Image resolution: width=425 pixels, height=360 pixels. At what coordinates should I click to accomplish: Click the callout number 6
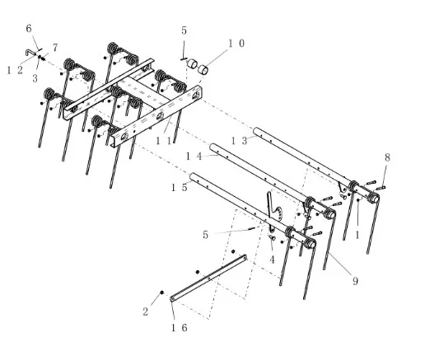pyautogui.click(x=29, y=28)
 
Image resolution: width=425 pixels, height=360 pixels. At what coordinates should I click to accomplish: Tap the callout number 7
pyautogui.click(x=55, y=48)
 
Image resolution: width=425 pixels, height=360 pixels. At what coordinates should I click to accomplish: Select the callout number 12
pyautogui.click(x=15, y=70)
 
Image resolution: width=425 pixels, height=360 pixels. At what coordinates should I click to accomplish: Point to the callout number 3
pyautogui.click(x=35, y=78)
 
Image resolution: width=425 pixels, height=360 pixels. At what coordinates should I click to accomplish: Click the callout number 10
pyautogui.click(x=236, y=44)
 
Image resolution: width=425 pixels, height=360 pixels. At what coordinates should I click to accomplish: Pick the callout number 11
pyautogui.click(x=164, y=141)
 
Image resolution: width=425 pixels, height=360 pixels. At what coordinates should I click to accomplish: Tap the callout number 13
pyautogui.click(x=240, y=141)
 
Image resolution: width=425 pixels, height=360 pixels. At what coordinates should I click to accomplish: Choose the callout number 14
pyautogui.click(x=194, y=157)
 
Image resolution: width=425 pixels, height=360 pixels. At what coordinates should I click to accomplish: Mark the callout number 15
pyautogui.click(x=180, y=187)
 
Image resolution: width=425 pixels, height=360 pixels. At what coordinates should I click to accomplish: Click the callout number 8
pyautogui.click(x=387, y=157)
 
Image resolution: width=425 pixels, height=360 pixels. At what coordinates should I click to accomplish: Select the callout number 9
pyautogui.click(x=355, y=281)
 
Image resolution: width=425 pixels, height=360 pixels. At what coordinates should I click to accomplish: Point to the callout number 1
pyautogui.click(x=357, y=235)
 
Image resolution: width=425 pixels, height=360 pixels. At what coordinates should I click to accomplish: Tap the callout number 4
pyautogui.click(x=272, y=259)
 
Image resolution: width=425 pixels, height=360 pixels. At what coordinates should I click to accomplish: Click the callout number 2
pyautogui.click(x=146, y=311)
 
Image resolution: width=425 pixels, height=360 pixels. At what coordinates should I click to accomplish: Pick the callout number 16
pyautogui.click(x=180, y=328)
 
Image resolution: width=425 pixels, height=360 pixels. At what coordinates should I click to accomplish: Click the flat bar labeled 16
pyautogui.click(x=208, y=278)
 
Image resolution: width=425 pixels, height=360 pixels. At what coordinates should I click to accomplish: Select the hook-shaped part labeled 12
pyautogui.click(x=30, y=52)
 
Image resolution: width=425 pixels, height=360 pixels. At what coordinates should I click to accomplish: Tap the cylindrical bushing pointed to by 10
pyautogui.click(x=203, y=70)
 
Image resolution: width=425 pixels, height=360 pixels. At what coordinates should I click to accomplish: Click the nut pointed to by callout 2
pyautogui.click(x=162, y=292)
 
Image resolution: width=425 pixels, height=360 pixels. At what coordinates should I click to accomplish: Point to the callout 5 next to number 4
pyautogui.click(x=205, y=235)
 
